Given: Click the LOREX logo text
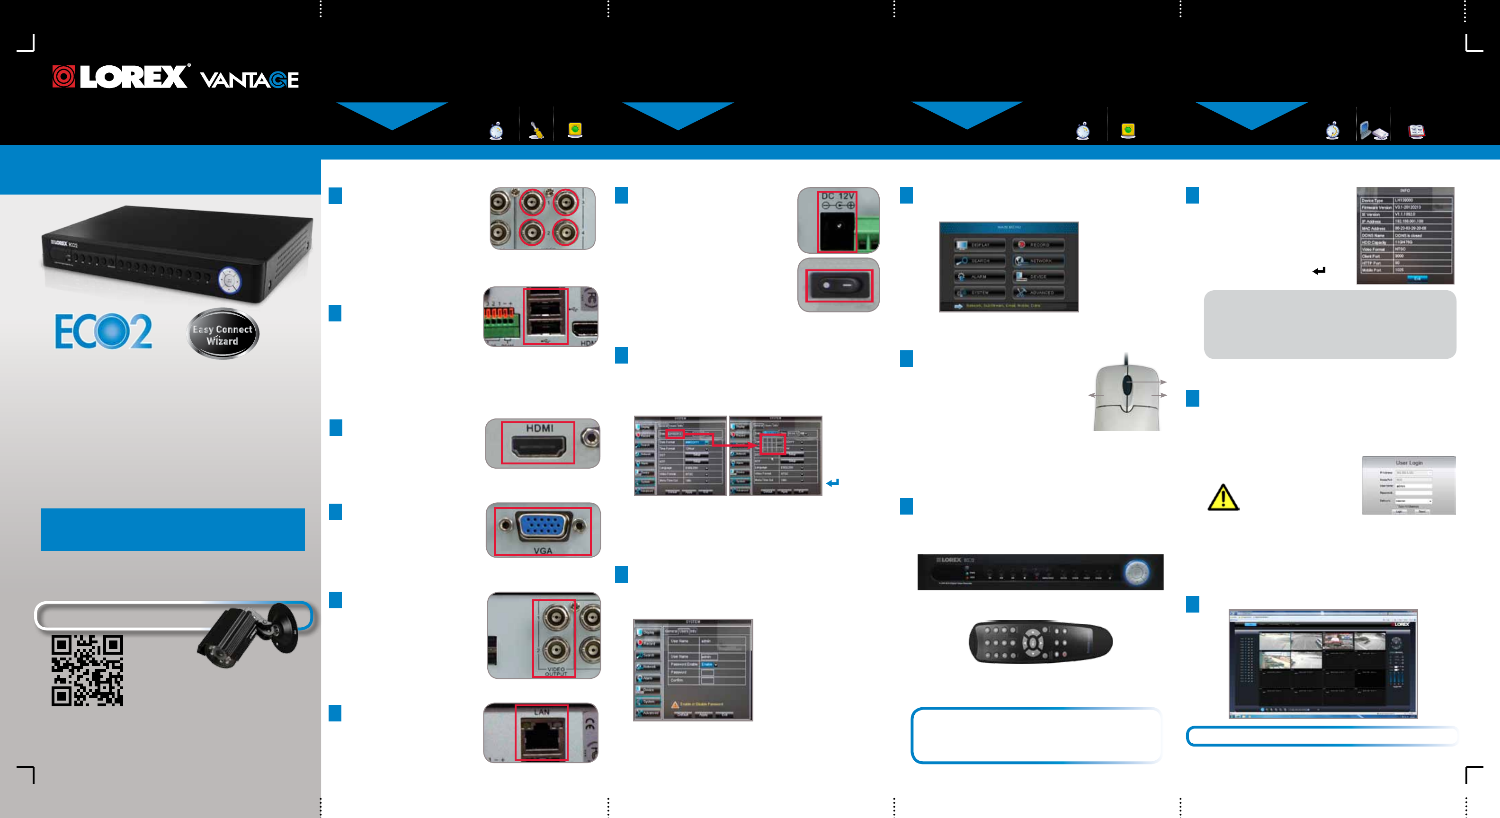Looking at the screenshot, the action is pos(133,77).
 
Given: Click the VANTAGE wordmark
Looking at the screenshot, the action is pos(249,80).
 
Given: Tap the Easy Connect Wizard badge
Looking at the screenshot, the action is pos(223,334).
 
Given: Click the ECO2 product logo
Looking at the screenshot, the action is pos(104,331).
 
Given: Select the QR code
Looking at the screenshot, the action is pos(87,670).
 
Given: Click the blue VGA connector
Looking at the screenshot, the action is pos(542,526).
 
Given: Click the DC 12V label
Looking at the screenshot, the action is pos(837,196).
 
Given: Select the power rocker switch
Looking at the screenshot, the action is pos(839,285).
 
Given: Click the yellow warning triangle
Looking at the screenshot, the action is pos(1223,498).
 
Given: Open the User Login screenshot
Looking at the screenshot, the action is pos(1408,486).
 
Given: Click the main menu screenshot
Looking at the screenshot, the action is pos(1009,267).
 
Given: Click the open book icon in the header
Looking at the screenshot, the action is pos(1416,132).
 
